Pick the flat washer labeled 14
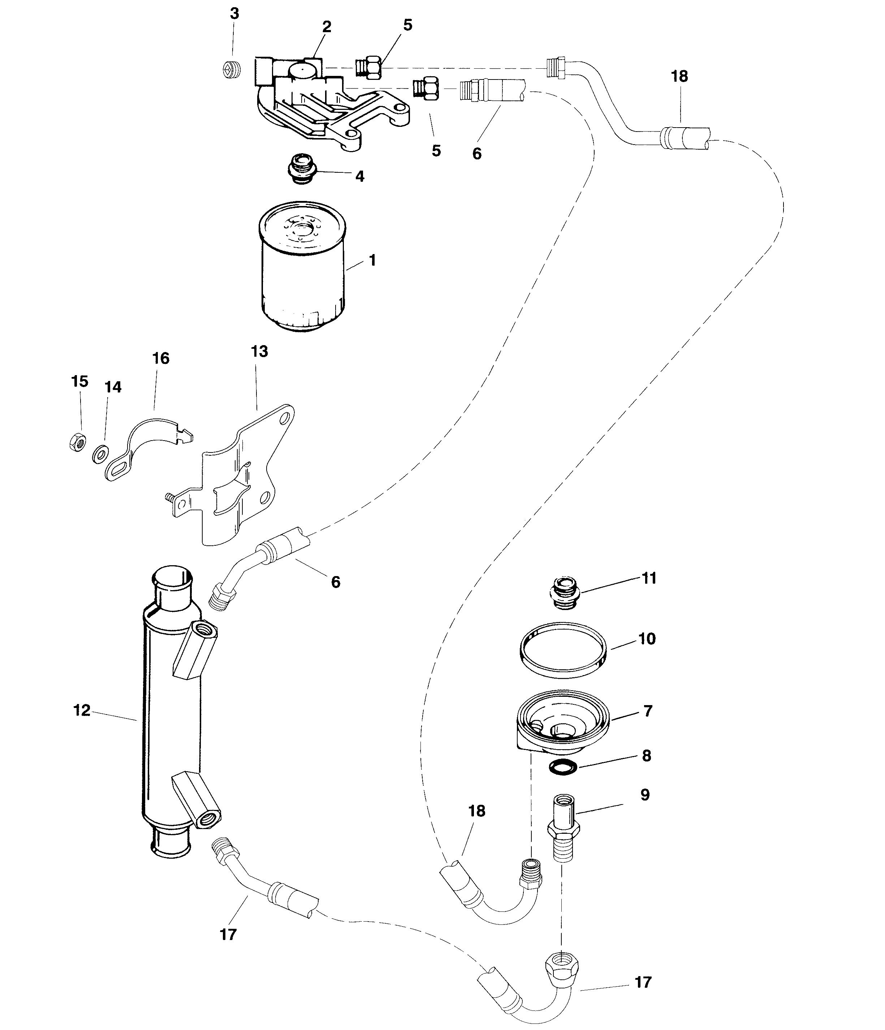tap(101, 454)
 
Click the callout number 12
tap(82, 711)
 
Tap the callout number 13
tap(259, 351)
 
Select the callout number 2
tap(327, 26)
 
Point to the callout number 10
tap(647, 638)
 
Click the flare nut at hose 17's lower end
tap(561, 964)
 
